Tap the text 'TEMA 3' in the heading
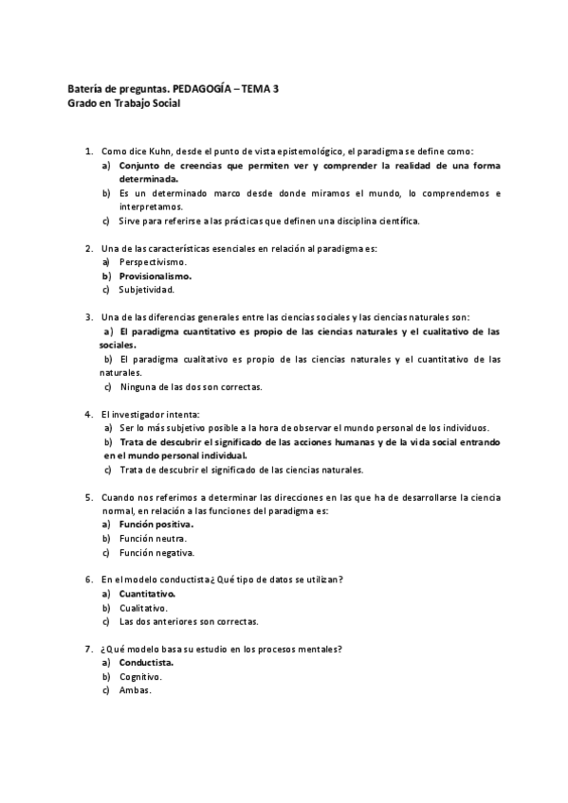coord(261,89)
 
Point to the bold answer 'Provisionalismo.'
coord(156,276)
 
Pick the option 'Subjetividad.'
coord(147,290)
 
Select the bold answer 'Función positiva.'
coord(156,524)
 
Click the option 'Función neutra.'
coord(153,538)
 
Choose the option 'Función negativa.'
coord(157,552)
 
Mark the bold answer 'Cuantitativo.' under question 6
coord(148,593)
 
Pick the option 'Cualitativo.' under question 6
coord(144,607)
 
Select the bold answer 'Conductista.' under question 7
coord(147,663)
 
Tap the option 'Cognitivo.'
coord(141,677)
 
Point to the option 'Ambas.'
coord(136,690)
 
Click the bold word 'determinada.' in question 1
coord(148,179)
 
